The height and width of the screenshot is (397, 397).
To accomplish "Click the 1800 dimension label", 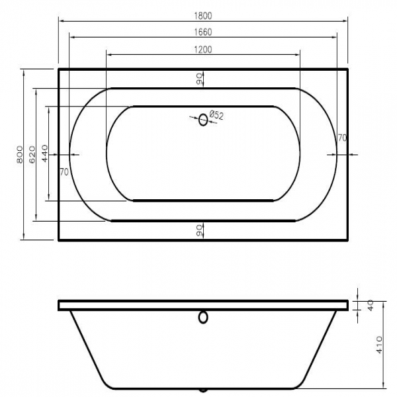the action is click(203, 16).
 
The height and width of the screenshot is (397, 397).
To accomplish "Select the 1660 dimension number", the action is click(203, 32).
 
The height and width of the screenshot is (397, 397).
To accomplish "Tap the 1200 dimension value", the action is click(203, 50).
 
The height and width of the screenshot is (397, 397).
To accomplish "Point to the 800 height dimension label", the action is click(20, 154).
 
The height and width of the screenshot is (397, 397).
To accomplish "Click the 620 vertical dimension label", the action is click(32, 154).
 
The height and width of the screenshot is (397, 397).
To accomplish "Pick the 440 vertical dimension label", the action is click(44, 154).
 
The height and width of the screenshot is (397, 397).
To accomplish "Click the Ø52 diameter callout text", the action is click(216, 115).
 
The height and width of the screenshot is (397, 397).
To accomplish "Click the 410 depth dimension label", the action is click(379, 345).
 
